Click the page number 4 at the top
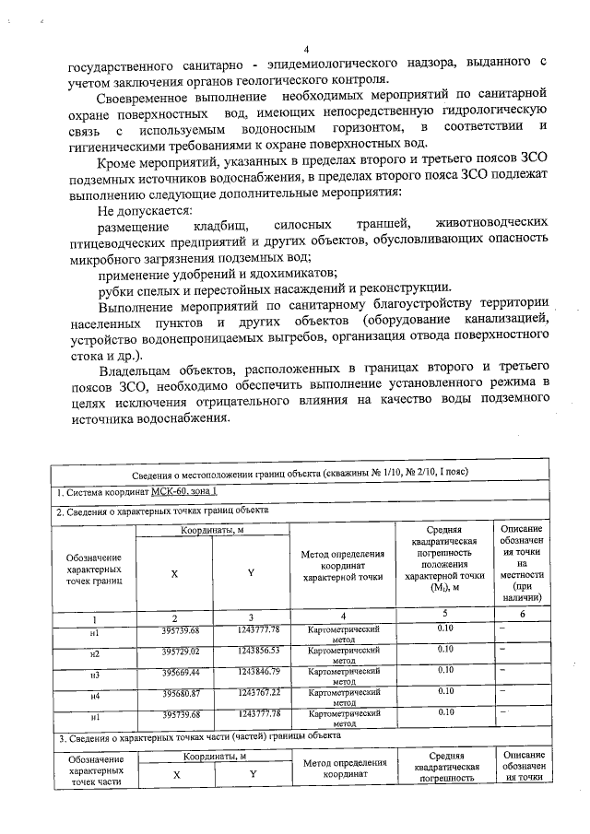[307, 49]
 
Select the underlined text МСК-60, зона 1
[178, 493]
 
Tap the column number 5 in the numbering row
[444, 614]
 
